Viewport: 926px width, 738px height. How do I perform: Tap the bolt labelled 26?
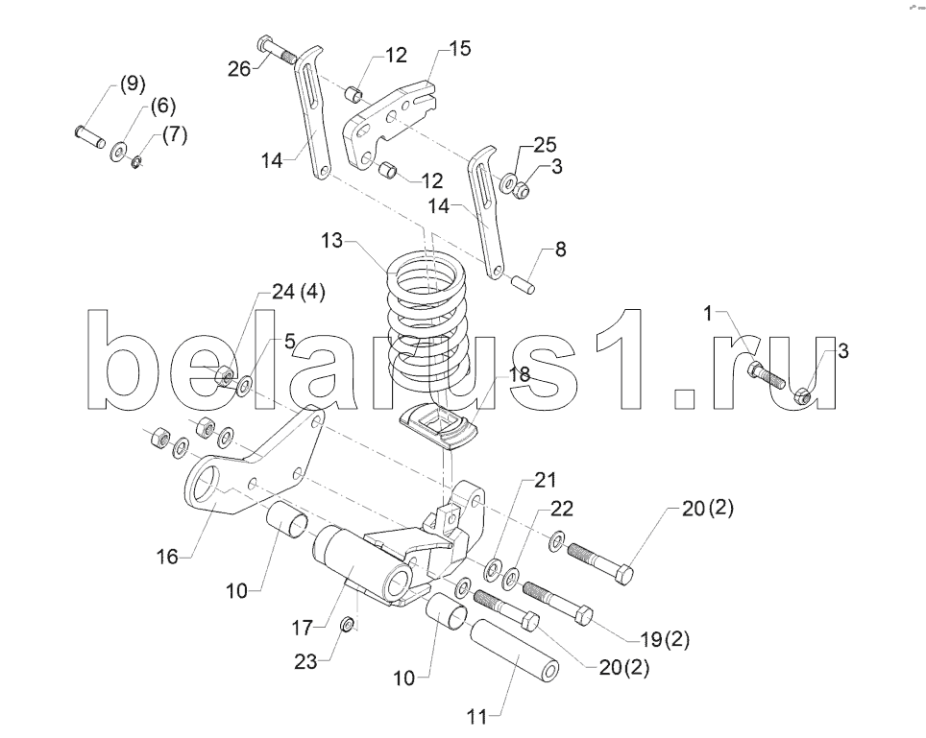(277, 51)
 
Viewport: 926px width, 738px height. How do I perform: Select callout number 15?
(460, 48)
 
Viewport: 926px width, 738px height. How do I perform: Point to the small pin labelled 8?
(524, 283)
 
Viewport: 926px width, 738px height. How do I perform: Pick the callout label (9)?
(133, 83)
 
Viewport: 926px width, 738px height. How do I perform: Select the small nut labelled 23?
(349, 623)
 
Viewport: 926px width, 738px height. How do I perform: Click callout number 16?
(167, 556)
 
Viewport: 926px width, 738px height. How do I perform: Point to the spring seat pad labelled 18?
(438, 425)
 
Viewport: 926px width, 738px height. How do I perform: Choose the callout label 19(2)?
(665, 638)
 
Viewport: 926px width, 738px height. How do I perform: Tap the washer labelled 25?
(508, 182)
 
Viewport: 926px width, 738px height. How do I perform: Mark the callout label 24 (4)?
(298, 292)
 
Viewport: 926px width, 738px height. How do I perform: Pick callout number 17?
(302, 628)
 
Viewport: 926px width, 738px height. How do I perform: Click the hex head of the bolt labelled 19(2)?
(582, 615)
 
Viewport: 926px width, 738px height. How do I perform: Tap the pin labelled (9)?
(90, 136)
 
